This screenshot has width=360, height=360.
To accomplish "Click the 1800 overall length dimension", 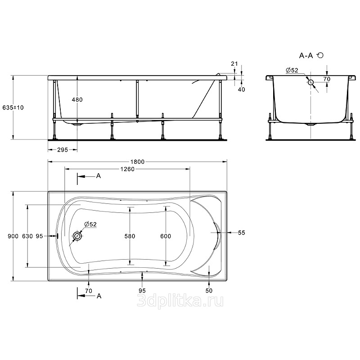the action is [x=138, y=162].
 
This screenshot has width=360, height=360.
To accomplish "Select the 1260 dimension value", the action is [x=127, y=169].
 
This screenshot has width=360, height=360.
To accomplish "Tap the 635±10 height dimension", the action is [x=13, y=108].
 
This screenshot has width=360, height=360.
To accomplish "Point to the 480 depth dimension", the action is [x=77, y=99].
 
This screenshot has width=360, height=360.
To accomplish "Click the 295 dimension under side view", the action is [x=63, y=150].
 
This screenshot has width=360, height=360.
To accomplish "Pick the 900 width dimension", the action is [x=13, y=236].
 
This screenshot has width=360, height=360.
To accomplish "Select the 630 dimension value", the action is [x=27, y=236].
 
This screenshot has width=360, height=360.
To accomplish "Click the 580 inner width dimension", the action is [x=130, y=236].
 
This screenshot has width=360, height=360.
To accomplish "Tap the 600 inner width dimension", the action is [x=166, y=236].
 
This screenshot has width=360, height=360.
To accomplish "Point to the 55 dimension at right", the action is [x=241, y=233].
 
